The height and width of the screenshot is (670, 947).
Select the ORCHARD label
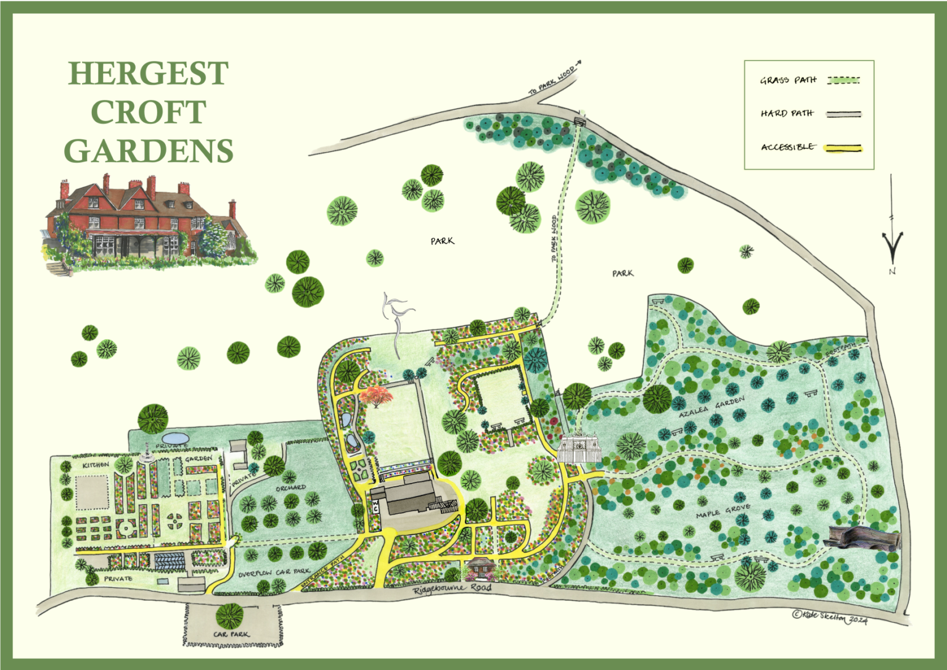pyautogui.click(x=290, y=488)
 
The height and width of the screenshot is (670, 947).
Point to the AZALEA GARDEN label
pyautogui.click(x=711, y=408)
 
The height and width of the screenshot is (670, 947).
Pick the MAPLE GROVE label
pyautogui.click(x=723, y=511)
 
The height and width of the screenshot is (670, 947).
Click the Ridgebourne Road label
pyautogui.click(x=452, y=589)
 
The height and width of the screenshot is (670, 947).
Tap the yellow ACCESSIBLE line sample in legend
pyautogui.click(x=844, y=148)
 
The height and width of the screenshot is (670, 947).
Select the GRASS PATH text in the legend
pyautogui.click(x=788, y=80)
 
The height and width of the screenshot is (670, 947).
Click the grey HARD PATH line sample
pyautogui.click(x=844, y=114)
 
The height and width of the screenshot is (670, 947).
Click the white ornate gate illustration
pyautogui.click(x=579, y=447)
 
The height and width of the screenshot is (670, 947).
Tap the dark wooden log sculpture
pyautogui.click(x=863, y=538)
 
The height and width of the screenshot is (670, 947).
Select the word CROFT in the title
pyautogui.click(x=148, y=112)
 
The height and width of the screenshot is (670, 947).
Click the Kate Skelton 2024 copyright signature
pyautogui.click(x=830, y=616)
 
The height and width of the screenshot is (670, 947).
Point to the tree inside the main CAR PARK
pyautogui.click(x=230, y=616)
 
